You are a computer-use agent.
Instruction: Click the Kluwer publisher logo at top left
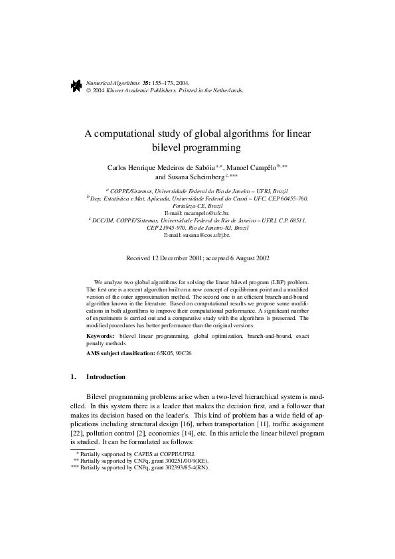(76, 86)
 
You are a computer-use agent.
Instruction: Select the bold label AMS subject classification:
(120, 354)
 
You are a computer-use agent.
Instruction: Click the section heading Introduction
(106, 377)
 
